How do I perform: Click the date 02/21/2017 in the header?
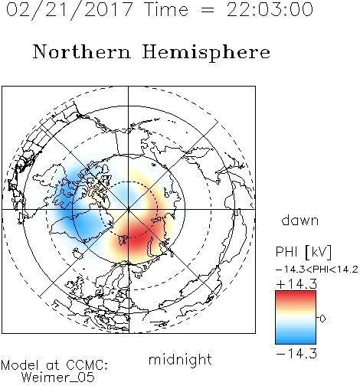click(70, 10)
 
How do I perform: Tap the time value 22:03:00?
click(270, 10)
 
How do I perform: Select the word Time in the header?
click(166, 10)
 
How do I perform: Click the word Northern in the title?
click(82, 51)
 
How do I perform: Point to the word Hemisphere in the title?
click(206, 53)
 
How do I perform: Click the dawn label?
click(300, 220)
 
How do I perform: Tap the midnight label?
click(180, 359)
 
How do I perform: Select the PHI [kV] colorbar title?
click(303, 251)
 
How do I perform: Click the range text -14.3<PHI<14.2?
click(317, 270)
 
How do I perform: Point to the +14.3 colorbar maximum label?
click(296, 284)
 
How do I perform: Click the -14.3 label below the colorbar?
click(296, 354)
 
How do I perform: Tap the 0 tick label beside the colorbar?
click(322, 319)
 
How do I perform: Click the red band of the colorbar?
click(296, 297)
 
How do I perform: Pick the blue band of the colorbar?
click(296, 337)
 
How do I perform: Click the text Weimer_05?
click(58, 377)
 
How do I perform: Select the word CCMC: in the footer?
click(87, 365)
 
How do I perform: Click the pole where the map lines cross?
click(129, 210)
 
